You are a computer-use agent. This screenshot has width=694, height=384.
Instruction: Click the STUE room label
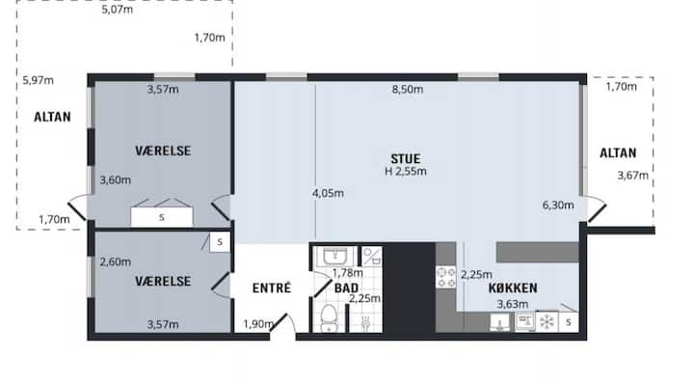tap(406, 158)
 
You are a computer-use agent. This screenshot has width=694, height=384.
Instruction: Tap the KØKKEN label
tap(513, 288)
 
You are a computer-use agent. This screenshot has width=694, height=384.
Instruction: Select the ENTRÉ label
tap(272, 288)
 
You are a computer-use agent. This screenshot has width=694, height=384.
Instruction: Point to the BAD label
tap(347, 288)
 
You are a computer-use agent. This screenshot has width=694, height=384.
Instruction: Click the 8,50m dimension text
tap(407, 90)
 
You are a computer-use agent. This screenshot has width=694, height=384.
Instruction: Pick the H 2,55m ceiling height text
tap(406, 172)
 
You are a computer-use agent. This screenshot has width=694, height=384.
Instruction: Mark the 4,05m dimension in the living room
tap(328, 193)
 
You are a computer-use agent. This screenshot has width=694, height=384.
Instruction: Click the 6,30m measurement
tap(558, 206)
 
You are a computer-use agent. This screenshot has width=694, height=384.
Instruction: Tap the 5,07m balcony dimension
tap(118, 10)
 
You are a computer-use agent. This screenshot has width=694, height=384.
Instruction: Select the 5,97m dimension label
tap(38, 81)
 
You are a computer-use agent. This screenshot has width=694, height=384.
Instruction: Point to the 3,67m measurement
tap(633, 176)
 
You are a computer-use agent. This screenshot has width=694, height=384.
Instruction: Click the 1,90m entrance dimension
tap(258, 324)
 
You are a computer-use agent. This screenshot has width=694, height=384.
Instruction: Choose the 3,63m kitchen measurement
tap(513, 304)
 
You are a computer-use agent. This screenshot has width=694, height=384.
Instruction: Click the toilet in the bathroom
tap(329, 318)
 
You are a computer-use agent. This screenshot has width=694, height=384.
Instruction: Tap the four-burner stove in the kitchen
tap(446, 277)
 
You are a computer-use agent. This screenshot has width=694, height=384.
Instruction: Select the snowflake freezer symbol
tap(547, 322)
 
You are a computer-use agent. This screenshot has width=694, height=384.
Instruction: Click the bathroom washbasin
tap(335, 257)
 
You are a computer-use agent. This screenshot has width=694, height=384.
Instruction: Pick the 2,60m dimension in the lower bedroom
tap(115, 261)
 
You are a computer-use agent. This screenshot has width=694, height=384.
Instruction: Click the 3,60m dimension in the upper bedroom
tap(115, 180)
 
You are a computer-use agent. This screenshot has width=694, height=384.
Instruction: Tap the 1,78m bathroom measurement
tap(347, 272)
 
